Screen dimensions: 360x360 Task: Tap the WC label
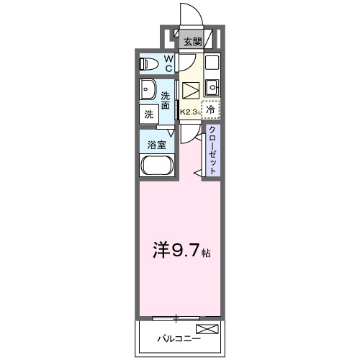click(168, 63)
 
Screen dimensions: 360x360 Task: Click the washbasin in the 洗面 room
click(150, 91)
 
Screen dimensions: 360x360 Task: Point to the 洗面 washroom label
click(166, 101)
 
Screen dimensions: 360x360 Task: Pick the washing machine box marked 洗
click(149, 113)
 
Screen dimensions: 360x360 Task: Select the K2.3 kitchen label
click(189, 112)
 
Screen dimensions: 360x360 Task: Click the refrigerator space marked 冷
click(210, 110)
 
